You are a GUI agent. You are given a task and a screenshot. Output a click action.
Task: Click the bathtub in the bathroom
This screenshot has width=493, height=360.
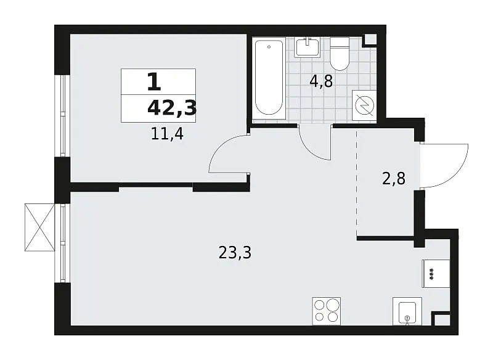269,78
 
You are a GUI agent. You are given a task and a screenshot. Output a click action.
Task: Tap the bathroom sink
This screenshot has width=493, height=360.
307,47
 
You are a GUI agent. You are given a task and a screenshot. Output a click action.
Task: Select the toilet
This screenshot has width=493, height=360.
340,54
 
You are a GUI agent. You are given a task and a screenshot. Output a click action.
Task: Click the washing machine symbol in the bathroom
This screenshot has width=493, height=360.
364,105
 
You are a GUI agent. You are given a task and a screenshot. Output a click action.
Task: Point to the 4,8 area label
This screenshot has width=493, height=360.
321,82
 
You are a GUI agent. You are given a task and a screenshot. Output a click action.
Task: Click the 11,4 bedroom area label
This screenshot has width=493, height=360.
167,134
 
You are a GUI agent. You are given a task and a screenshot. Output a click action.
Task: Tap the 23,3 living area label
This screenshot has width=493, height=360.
235,253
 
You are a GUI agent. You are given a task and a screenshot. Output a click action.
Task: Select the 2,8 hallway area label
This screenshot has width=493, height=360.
394,179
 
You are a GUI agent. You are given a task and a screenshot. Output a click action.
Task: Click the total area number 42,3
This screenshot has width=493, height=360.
172,108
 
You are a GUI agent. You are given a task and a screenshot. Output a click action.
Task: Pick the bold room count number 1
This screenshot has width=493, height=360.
154,82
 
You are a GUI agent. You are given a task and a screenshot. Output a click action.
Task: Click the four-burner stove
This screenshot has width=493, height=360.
327,311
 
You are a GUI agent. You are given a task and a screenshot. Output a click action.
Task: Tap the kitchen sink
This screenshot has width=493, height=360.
407,311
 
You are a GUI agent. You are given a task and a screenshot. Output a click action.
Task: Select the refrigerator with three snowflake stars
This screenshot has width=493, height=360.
436,273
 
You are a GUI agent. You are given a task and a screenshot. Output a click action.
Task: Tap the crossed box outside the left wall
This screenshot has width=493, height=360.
39,227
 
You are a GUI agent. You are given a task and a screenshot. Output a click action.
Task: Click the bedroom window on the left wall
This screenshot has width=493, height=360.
63,116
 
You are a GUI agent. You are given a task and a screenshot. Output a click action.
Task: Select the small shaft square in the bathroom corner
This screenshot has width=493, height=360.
370,39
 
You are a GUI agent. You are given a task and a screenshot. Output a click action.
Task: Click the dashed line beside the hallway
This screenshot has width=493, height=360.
357,183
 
